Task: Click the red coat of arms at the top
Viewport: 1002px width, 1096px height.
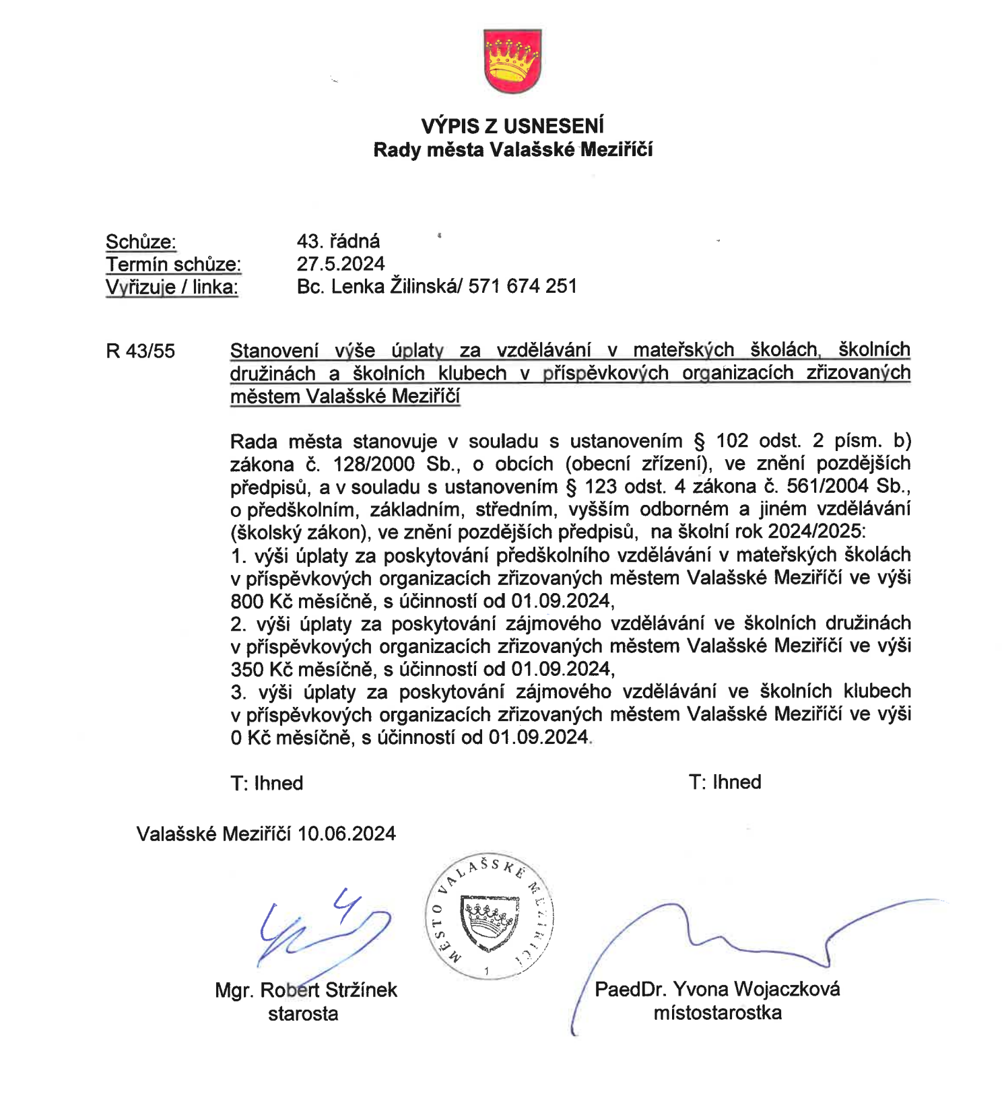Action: click(512, 61)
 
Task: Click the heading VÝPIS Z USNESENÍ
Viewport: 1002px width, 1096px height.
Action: click(512, 126)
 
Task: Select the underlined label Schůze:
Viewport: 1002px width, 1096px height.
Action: click(141, 242)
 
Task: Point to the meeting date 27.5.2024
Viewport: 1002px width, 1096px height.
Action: click(341, 264)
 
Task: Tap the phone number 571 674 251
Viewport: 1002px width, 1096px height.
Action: click(523, 286)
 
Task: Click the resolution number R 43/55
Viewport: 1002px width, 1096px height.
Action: click(140, 351)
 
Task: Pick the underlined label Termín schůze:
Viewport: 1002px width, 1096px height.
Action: click(173, 265)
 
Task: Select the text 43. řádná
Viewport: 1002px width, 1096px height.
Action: click(338, 241)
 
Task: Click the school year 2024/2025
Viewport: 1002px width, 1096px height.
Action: click(814, 532)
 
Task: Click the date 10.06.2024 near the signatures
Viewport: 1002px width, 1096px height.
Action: click(346, 834)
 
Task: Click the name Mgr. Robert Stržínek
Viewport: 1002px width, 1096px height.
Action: click(306, 990)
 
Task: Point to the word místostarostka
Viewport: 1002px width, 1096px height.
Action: click(717, 1013)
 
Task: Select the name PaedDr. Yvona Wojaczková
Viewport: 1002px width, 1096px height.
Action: click(717, 990)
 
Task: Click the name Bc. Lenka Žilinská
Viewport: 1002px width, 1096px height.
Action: click(376, 286)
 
